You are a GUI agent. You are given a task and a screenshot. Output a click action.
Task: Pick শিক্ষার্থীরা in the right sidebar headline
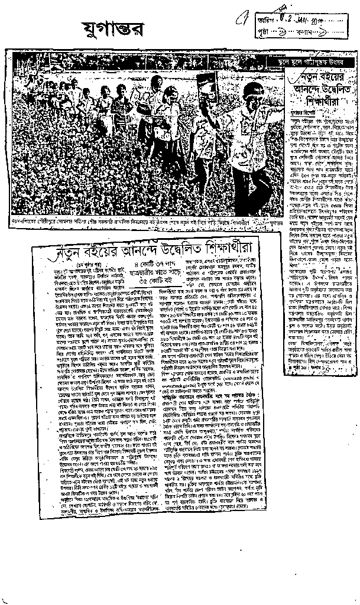(x=329, y=99)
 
